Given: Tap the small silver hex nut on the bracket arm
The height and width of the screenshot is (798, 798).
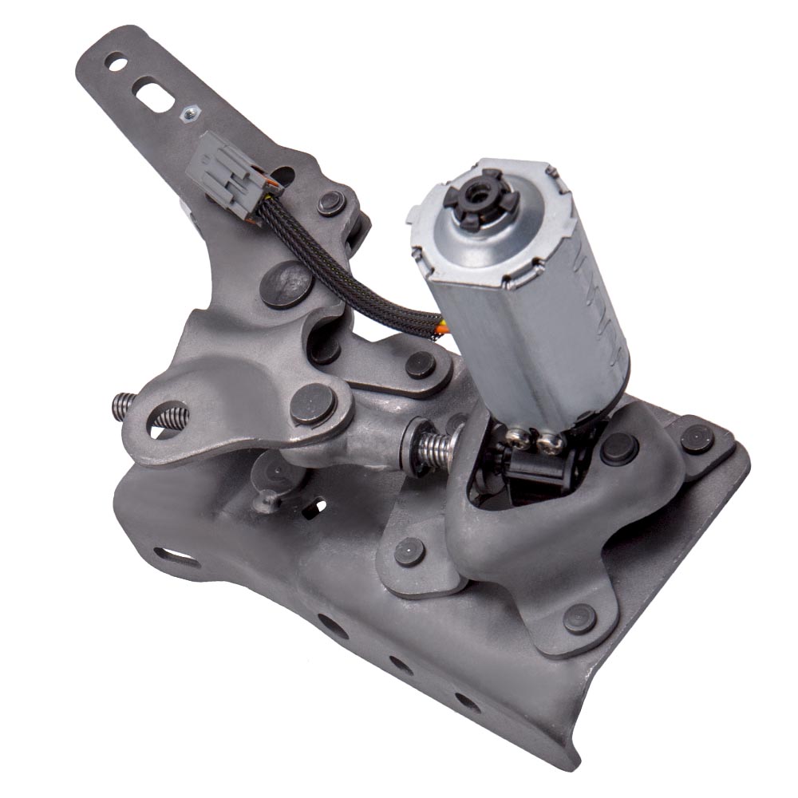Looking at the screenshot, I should click(x=188, y=114).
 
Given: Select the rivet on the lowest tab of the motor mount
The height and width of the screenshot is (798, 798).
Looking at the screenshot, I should click(x=579, y=618).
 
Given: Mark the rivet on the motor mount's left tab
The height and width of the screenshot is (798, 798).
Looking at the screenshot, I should click(x=409, y=550).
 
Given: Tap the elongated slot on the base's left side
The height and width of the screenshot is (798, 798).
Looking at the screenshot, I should click(x=174, y=556).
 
